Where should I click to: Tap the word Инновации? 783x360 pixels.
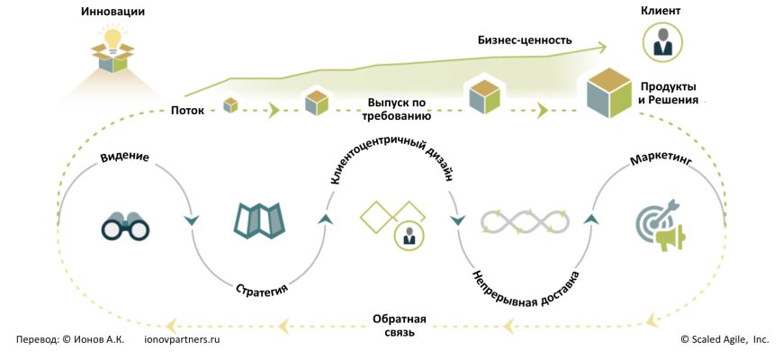(113, 13)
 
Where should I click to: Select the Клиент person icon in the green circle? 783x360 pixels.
(661, 41)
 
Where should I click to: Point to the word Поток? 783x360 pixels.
(187, 111)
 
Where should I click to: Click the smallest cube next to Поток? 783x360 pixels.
(231, 105)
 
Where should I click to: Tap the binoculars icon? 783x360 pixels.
(124, 226)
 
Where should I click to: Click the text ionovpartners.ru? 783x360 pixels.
(182, 340)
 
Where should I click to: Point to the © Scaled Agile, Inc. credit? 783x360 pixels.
(724, 340)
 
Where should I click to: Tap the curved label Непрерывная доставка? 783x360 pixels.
(526, 287)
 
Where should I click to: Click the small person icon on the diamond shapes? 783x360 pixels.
(409, 236)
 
